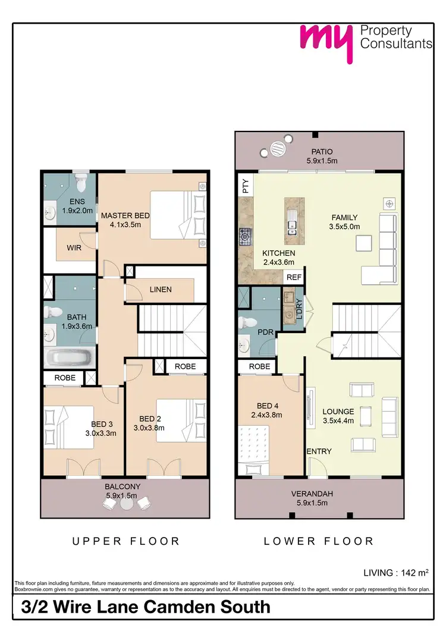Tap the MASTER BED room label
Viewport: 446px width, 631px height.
[125, 220]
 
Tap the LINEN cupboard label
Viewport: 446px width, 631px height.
[161, 290]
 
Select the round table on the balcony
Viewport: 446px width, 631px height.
[126, 503]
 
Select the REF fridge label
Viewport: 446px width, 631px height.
[294, 277]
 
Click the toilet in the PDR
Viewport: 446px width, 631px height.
[246, 322]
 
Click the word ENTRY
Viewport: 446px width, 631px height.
[319, 451]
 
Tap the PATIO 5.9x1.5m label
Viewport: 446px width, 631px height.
[322, 156]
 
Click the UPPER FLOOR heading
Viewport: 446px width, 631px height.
[125, 541]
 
